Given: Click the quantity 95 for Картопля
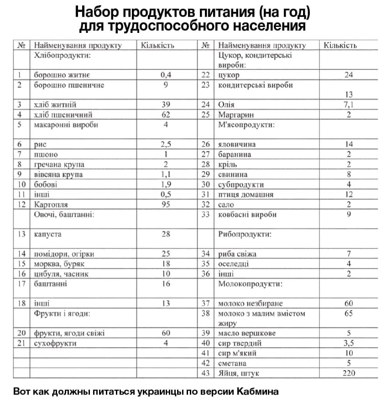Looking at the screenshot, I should [x=166, y=205].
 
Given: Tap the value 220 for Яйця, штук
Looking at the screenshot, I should [x=349, y=373].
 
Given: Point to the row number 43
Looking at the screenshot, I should [x=206, y=373].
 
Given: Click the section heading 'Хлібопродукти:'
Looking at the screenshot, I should [x=61, y=55].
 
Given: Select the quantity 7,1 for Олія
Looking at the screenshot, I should [x=349, y=105].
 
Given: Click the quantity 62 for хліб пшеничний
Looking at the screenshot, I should [x=166, y=115].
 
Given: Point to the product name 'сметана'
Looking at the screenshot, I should [x=232, y=363].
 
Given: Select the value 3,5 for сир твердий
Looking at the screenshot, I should [x=349, y=343].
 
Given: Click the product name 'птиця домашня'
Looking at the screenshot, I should [x=246, y=195].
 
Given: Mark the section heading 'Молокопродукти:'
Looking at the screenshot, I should [x=250, y=284].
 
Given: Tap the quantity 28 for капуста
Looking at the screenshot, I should [x=166, y=234].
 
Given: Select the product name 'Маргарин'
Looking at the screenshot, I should [x=236, y=115].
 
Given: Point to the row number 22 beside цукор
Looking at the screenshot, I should [x=206, y=75].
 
